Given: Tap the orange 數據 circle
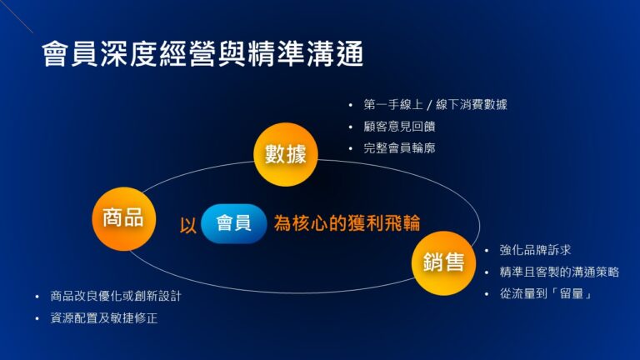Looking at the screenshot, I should point(286,153).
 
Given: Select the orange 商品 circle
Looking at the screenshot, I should point(122,218).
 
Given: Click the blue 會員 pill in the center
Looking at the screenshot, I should point(233,223).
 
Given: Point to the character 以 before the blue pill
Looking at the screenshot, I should point(187,225).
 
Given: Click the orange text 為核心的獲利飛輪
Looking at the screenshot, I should point(347,223).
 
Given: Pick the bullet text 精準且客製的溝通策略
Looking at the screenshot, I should point(559,272).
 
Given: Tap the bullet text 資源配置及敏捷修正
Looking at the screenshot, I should point(104,318).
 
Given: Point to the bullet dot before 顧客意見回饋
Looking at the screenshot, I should point(350,127).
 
